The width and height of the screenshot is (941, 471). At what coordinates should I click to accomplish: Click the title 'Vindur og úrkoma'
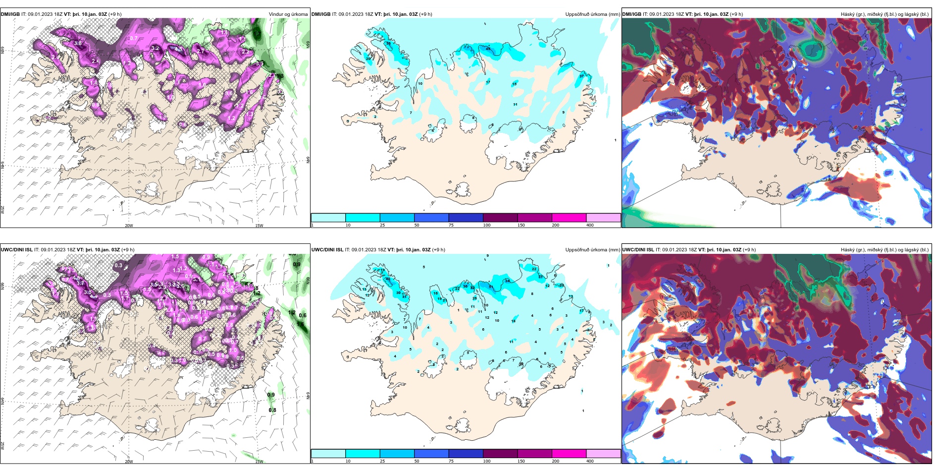pyautogui.click(x=288, y=14)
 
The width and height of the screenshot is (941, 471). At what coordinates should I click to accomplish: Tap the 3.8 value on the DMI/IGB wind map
pyautogui.click(x=78, y=44)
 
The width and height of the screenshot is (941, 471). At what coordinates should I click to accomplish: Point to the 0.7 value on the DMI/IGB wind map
pyautogui.click(x=134, y=38)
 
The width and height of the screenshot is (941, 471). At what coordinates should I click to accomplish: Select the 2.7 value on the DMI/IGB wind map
pyautogui.click(x=201, y=51)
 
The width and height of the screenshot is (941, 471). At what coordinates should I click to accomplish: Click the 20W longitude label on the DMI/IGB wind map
pyautogui.click(x=129, y=226)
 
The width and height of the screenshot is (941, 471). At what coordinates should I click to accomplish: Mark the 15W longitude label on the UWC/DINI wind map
pyautogui.click(x=259, y=462)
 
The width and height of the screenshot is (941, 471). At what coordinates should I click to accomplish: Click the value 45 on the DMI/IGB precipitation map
pyautogui.click(x=488, y=49)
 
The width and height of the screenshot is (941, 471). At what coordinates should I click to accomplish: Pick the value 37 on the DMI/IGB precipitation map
pyautogui.click(x=582, y=76)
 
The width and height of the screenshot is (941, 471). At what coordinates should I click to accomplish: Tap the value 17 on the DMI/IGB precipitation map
pyautogui.click(x=488, y=82)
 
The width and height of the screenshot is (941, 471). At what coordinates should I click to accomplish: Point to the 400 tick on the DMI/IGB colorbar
pyautogui.click(x=590, y=225)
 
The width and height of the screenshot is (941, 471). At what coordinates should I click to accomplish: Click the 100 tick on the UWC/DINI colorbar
pyautogui.click(x=487, y=461)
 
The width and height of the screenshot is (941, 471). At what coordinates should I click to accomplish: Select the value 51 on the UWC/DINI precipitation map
pyautogui.click(x=491, y=287)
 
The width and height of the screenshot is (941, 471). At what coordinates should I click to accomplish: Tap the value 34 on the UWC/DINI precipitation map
pyautogui.click(x=508, y=281)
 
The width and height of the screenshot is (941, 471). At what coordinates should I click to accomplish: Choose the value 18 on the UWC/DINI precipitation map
pyautogui.click(x=514, y=321)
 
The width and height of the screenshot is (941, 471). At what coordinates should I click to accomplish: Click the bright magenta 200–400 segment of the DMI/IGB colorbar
pyautogui.click(x=569, y=218)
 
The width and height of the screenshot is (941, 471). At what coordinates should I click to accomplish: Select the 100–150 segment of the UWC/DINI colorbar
pyautogui.click(x=500, y=454)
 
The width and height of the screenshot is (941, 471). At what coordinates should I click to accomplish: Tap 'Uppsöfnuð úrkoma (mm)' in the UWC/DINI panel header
pyautogui.click(x=592, y=250)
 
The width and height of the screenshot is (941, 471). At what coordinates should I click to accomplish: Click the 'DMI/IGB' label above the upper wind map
pyautogui.click(x=10, y=14)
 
